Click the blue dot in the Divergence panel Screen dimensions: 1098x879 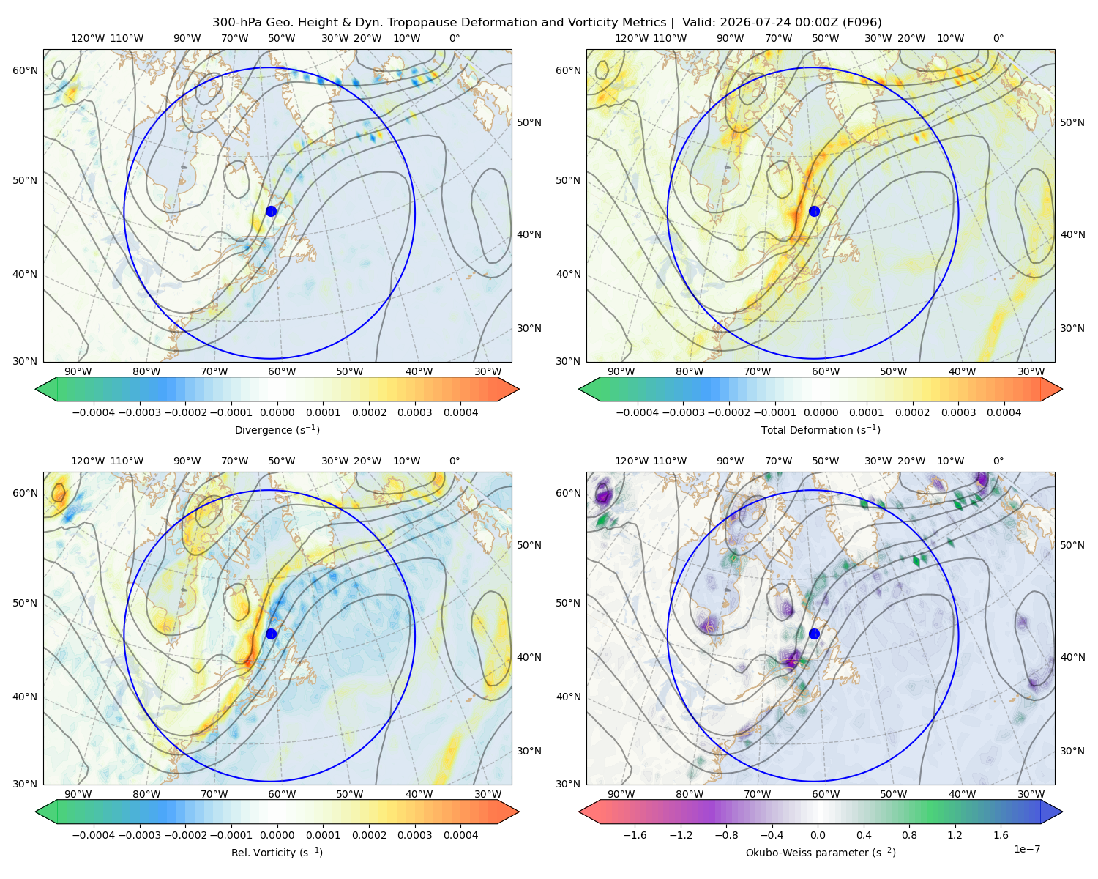tap(271, 211)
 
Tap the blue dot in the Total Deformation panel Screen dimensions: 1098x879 tap(814, 211)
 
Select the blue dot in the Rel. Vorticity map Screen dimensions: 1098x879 tap(271, 634)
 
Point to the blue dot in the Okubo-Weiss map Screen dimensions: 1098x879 tap(814, 634)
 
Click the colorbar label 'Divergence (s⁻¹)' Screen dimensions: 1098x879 tap(277, 429)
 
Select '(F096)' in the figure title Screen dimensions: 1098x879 tap(862, 23)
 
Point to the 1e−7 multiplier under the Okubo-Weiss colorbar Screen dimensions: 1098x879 tap(1026, 849)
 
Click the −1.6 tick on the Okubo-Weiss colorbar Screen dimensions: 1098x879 tap(635, 835)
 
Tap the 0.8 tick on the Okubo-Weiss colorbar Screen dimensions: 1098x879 tap(909, 835)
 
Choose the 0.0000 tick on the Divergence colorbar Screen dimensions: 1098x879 tap(277, 412)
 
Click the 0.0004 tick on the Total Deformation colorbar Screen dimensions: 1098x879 tap(1004, 412)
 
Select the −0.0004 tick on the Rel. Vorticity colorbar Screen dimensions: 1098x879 tap(94, 835)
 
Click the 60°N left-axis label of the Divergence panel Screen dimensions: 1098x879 tap(25, 70)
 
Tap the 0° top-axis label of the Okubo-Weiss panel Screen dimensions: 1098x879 tap(998, 461)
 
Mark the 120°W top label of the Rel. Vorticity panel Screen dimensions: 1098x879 tap(88, 461)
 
